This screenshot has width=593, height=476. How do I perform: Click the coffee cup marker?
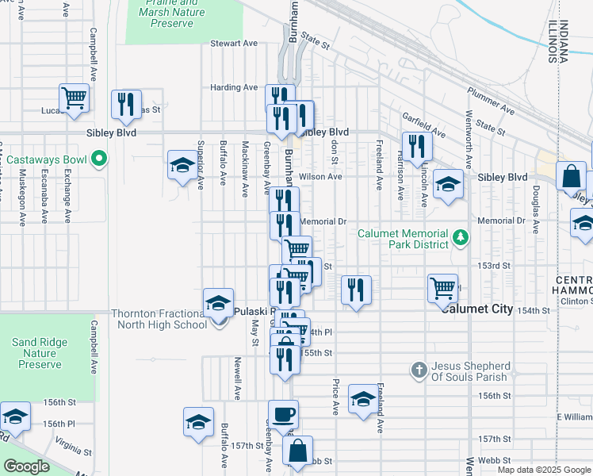(x=283, y=413)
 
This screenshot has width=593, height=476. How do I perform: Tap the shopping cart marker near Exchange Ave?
(x=74, y=98)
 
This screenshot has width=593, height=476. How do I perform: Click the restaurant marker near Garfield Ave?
(x=416, y=146)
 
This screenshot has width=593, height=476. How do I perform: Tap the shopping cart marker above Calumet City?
(x=442, y=288)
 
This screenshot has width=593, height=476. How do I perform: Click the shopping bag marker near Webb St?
(x=297, y=451)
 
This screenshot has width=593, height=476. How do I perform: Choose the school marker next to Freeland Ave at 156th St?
(x=363, y=400)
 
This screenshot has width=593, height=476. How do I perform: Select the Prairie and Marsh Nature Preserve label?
(x=170, y=13)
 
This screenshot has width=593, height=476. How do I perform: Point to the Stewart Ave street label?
(x=234, y=43)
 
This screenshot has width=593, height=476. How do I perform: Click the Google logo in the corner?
(x=26, y=466)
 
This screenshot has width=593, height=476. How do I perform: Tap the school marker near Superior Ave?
(x=182, y=166)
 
